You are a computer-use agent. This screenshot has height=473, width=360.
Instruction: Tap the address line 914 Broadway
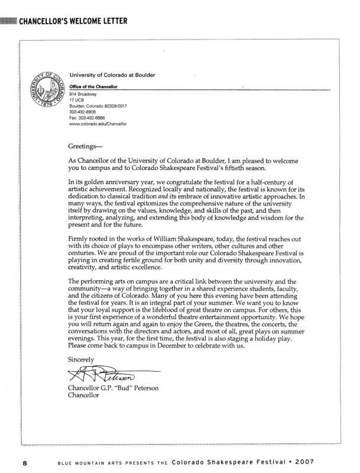tap(83, 94)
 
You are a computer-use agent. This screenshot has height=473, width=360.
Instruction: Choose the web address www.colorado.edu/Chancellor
tap(98, 124)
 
